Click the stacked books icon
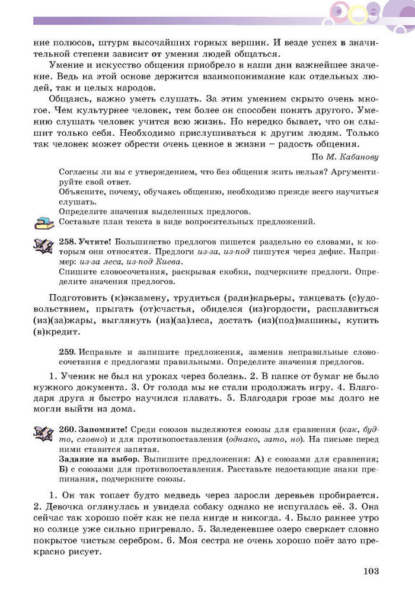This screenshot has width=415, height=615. click(43, 223)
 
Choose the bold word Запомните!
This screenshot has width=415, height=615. click(102, 429)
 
